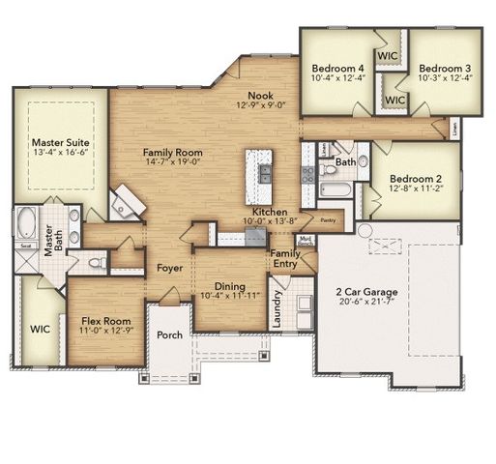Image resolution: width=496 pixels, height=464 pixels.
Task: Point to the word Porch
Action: [x=169, y=335]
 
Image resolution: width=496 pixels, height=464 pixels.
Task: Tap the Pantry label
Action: [x=327, y=220]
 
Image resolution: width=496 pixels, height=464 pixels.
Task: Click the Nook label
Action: [x=259, y=95]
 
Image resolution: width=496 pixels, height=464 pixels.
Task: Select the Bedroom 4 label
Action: [x=337, y=68]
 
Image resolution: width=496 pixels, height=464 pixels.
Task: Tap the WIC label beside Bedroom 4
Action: [x=389, y=56]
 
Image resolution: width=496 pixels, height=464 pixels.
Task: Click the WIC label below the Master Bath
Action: [x=40, y=330]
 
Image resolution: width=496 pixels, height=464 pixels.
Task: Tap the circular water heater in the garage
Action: [x=365, y=231]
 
